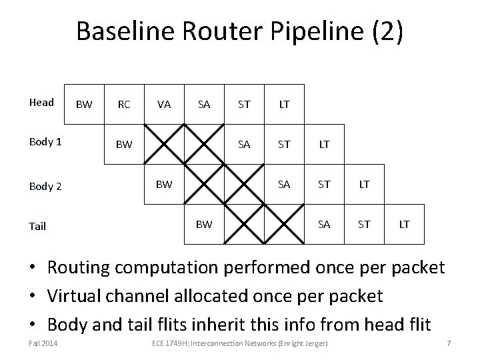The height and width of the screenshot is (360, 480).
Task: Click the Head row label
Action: (x=41, y=103)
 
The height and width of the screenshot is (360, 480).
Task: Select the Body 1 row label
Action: (x=45, y=143)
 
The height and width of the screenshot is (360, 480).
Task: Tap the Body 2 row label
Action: (x=45, y=186)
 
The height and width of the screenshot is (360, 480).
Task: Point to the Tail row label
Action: (x=37, y=226)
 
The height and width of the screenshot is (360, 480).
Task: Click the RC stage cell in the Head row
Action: (x=124, y=104)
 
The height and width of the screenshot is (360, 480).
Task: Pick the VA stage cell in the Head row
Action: (x=163, y=104)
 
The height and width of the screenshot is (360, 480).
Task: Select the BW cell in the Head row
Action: (x=84, y=104)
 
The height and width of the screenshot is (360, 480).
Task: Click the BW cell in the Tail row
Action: (x=204, y=224)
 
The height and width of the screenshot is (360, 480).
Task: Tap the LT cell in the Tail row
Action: (x=404, y=224)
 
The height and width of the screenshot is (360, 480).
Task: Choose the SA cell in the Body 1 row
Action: (x=244, y=144)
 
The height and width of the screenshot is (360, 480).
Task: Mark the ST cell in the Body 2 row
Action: (x=324, y=184)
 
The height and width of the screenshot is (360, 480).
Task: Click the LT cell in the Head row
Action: (x=284, y=104)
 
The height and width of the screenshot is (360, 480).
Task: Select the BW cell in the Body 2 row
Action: (x=164, y=184)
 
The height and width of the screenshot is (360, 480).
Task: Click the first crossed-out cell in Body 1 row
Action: (x=164, y=144)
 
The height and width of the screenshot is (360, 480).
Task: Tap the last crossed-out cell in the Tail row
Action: (x=284, y=224)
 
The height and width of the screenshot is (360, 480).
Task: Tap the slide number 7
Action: (x=449, y=343)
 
